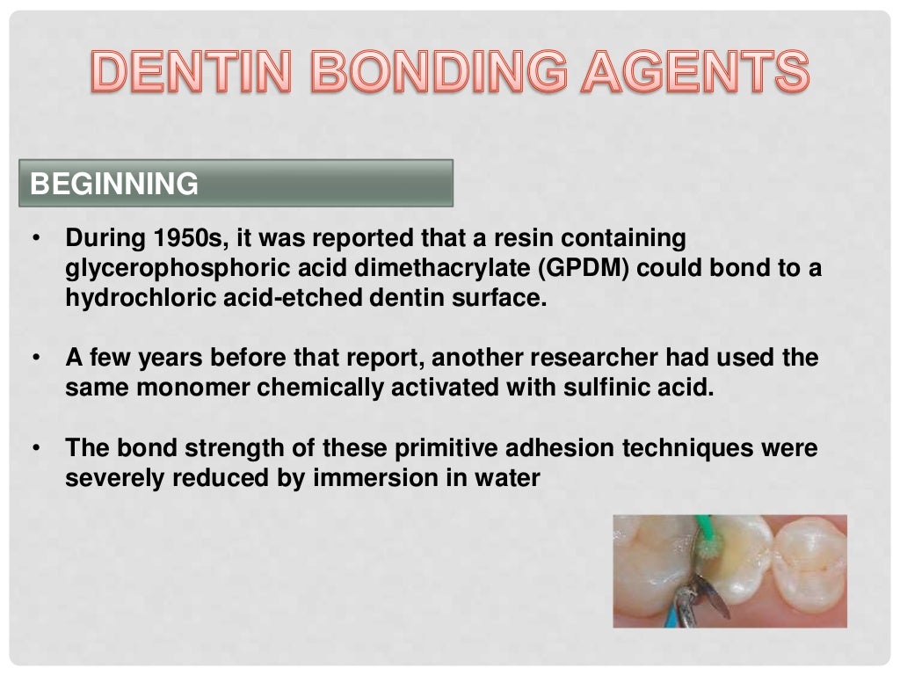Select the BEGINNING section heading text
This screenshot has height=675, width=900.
click(x=114, y=184)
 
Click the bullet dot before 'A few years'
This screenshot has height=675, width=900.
click(x=35, y=359)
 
